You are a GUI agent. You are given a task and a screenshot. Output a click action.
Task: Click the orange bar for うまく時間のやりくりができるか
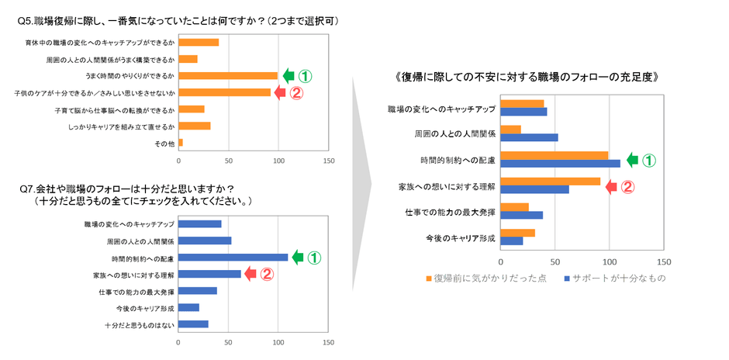coord(228,75)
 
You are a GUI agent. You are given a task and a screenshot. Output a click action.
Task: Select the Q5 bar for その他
coord(181,143)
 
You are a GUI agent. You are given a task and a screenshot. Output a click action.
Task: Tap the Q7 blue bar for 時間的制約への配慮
coord(233,258)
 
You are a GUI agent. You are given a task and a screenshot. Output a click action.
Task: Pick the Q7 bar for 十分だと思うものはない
coord(193,324)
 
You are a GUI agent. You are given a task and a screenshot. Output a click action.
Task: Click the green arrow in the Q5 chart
coord(288,76)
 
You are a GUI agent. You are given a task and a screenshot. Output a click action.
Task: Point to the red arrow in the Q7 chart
coord(250,273)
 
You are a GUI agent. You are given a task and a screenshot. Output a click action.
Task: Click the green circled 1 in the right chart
coord(649,161)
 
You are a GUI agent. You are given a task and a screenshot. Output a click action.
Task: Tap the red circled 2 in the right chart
coord(628,186)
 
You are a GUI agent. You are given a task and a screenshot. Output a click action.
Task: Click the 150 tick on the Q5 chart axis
coord(328,161)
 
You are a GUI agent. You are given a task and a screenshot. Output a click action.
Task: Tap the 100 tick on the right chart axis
coord(609,261)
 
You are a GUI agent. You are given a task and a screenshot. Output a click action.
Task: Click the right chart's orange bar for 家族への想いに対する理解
coord(551,182)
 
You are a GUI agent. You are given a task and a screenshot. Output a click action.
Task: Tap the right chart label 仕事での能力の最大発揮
coord(450,212)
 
